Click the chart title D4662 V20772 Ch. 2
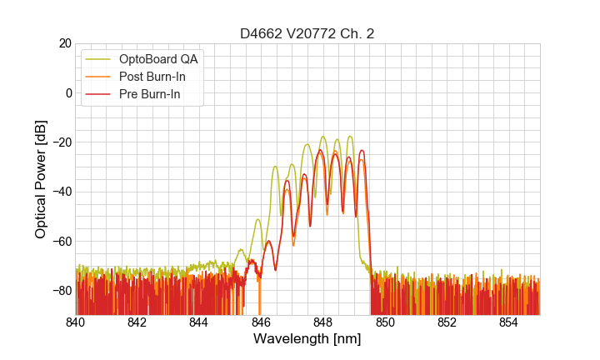click(x=307, y=33)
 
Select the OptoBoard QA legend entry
click(x=158, y=59)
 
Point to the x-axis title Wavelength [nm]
click(x=307, y=339)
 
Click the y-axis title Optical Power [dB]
click(x=41, y=178)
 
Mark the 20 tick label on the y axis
click(x=65, y=43)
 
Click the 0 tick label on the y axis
click(x=68, y=92)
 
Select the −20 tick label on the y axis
click(x=61, y=142)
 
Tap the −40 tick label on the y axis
click(x=61, y=192)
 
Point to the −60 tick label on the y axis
click(x=61, y=241)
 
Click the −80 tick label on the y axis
click(x=61, y=291)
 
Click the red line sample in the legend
click(x=98, y=95)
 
